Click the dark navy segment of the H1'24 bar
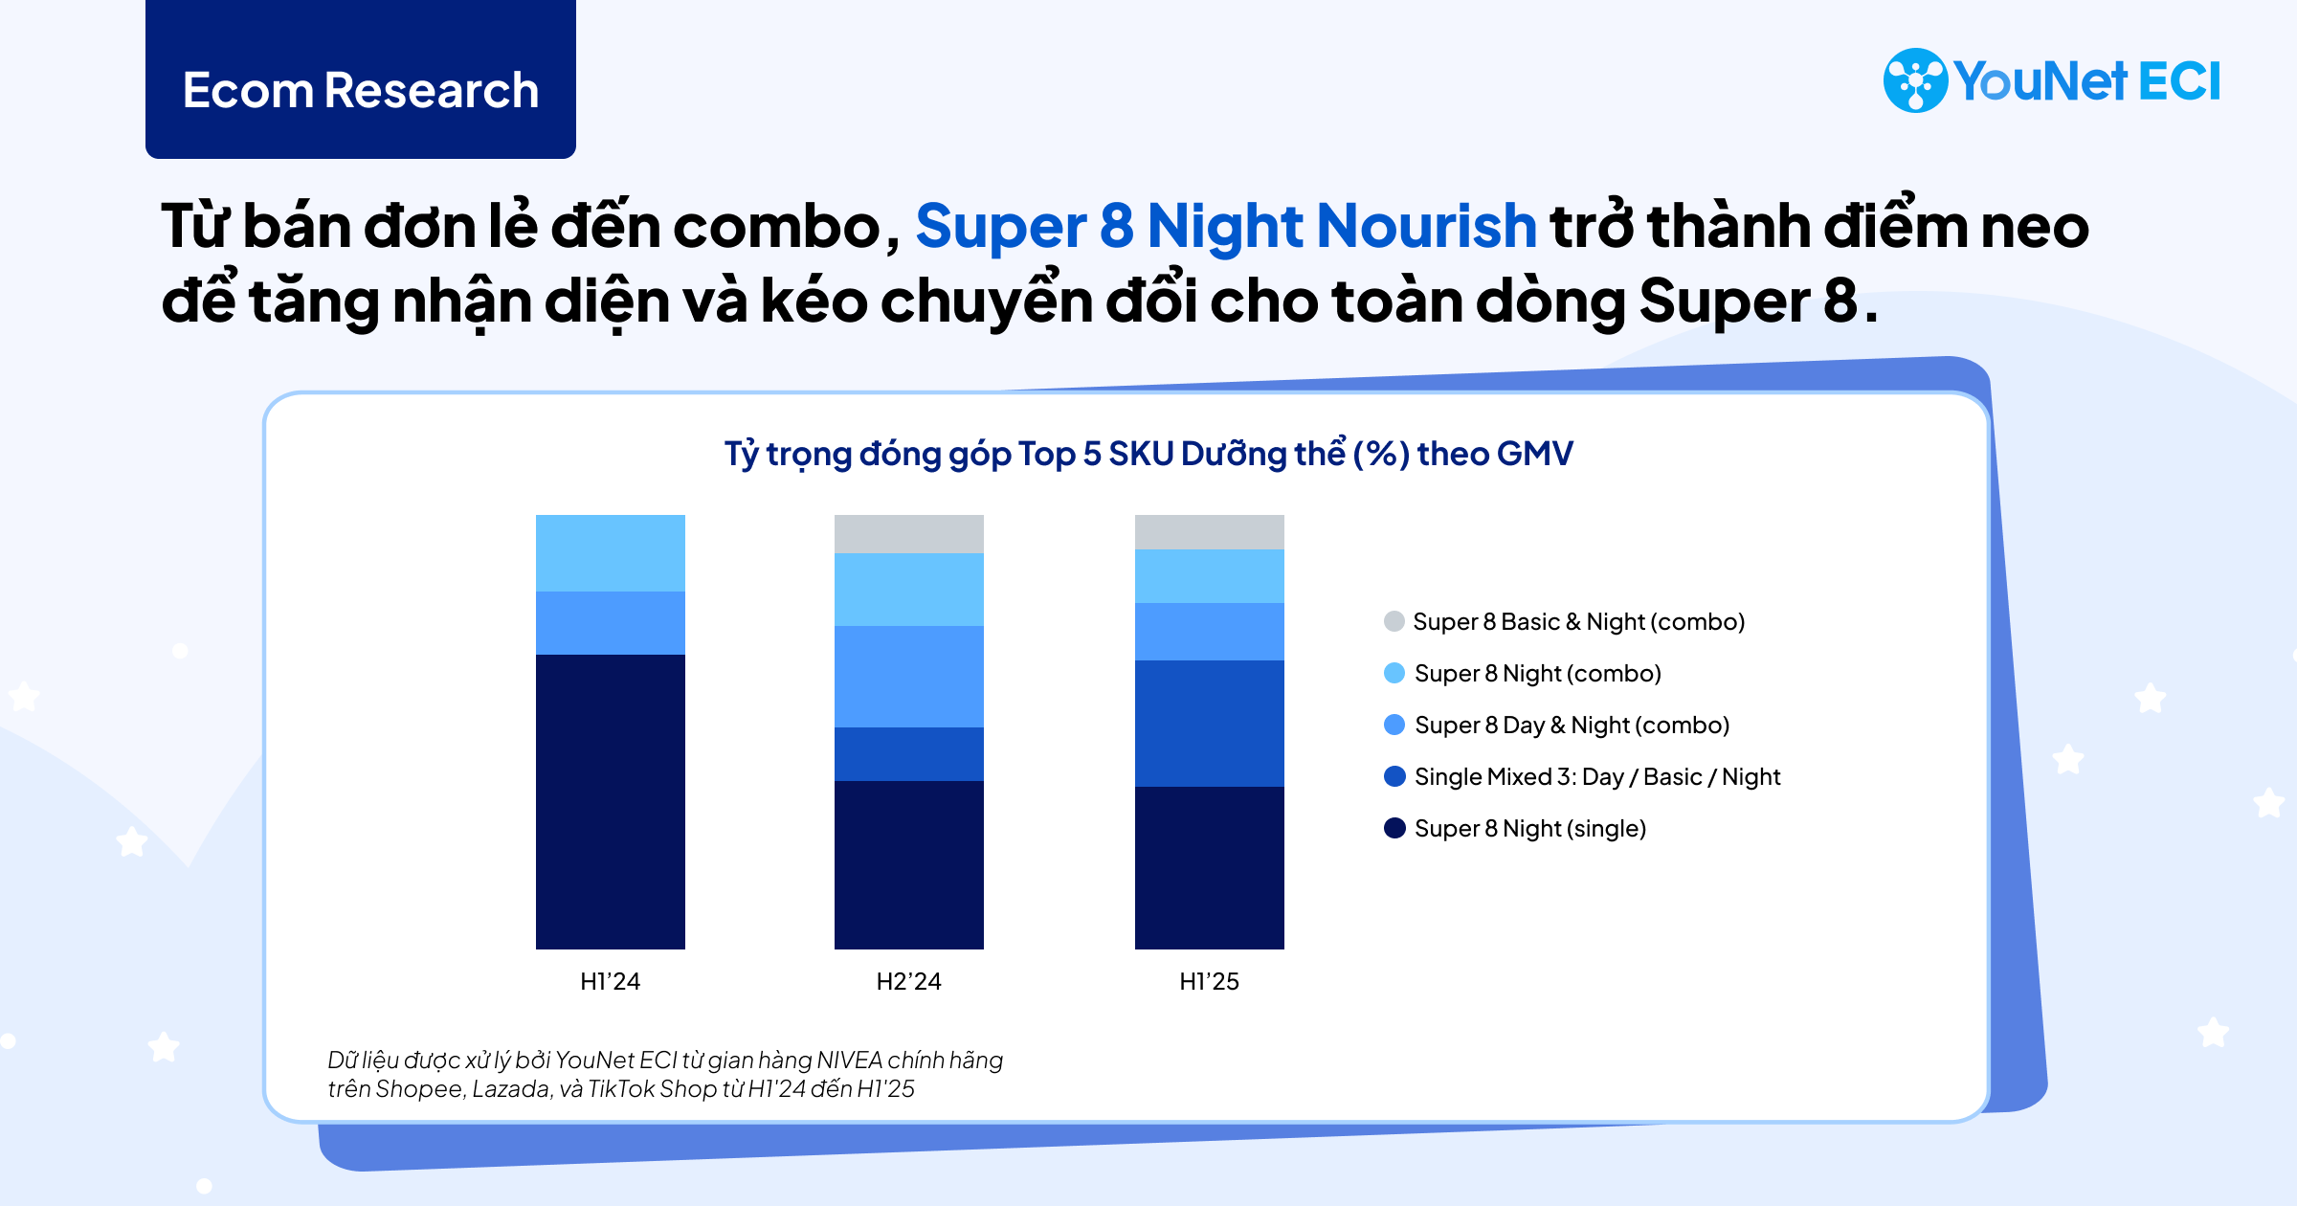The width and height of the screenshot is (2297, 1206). tap(611, 801)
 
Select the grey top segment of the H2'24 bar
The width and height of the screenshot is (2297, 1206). tap(908, 533)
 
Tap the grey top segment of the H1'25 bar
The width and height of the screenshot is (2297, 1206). tap(1209, 531)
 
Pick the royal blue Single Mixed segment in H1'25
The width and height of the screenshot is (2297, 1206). tap(1209, 723)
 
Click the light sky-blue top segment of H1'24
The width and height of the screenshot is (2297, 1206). tap(611, 552)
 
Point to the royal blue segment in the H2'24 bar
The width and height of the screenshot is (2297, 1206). tap(908, 753)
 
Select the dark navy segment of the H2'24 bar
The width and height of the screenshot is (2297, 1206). tap(908, 864)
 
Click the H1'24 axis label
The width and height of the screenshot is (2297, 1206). tap(611, 981)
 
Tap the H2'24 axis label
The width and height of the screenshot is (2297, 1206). tap(908, 981)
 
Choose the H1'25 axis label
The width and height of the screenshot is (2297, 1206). tap(1209, 981)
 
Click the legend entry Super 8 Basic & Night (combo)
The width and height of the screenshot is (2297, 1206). tap(1578, 622)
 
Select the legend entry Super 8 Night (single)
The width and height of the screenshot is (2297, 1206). tap(1529, 829)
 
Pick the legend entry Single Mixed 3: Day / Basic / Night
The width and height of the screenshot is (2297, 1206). tap(1596, 777)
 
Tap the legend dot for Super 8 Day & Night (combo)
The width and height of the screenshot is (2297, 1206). tap(1394, 726)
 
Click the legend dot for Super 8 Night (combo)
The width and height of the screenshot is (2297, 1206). tap(1394, 674)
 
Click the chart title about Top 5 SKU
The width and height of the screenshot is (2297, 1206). tap(1148, 454)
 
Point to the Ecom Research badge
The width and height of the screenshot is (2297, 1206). tap(361, 90)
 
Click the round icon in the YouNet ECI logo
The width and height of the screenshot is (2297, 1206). tap(1915, 80)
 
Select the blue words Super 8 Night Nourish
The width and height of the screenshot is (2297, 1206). tap(1225, 227)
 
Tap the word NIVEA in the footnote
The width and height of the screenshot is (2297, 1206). tap(850, 1061)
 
